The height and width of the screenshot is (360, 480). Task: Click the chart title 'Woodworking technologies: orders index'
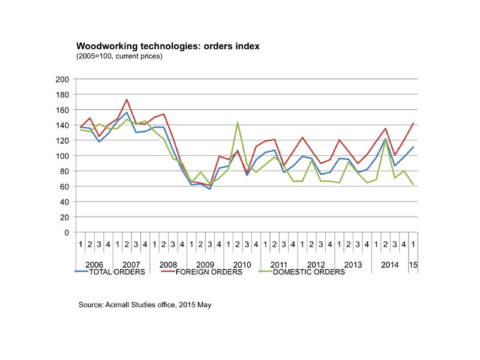(x=167, y=46)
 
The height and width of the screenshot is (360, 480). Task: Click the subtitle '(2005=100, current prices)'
(x=119, y=56)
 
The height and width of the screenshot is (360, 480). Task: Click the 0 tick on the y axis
(x=67, y=232)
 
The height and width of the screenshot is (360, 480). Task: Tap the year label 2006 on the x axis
(x=94, y=264)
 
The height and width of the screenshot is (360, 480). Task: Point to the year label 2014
(x=390, y=264)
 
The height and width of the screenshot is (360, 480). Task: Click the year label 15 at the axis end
(x=413, y=264)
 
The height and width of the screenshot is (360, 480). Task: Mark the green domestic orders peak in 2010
(x=238, y=122)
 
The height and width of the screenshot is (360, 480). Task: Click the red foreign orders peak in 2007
(x=127, y=100)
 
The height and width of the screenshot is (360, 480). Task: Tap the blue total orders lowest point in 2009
(x=209, y=189)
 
